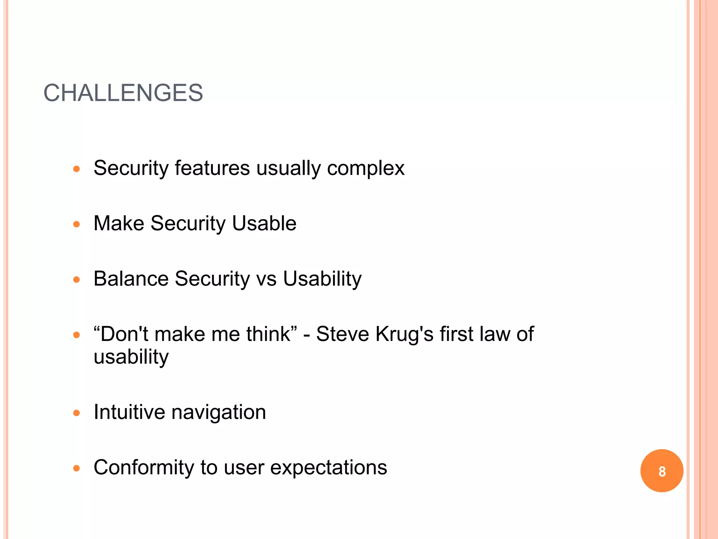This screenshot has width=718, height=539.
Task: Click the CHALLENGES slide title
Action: coord(123,93)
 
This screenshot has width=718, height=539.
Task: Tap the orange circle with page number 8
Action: coord(662,471)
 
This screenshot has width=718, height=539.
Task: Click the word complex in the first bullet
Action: coord(366,168)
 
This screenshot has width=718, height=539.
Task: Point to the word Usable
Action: coord(264,223)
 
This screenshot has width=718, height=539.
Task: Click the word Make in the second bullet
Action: coord(119,223)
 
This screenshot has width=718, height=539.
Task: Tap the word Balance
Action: coord(131,279)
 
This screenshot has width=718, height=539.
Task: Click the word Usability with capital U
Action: coord(322,279)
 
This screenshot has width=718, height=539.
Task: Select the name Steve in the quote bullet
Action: coord(342,334)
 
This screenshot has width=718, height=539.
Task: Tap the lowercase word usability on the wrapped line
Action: coord(131,357)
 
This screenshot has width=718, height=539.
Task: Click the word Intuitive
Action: coord(129,412)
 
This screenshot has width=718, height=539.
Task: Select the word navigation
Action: coord(218,413)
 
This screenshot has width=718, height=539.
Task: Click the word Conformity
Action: coord(144,467)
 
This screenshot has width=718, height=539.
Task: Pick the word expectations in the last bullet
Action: coord(328,468)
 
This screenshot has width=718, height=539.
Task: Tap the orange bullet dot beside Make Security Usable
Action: coord(76,224)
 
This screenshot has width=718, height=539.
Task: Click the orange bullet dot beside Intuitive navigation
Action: coord(76,413)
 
